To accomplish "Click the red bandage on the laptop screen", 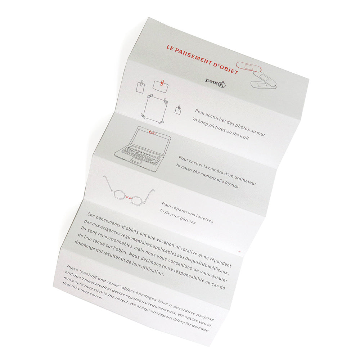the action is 152,133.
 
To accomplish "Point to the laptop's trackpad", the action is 136,160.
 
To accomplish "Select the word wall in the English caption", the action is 244,136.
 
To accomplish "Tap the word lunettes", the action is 205,219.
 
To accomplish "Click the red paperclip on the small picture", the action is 162,82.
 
